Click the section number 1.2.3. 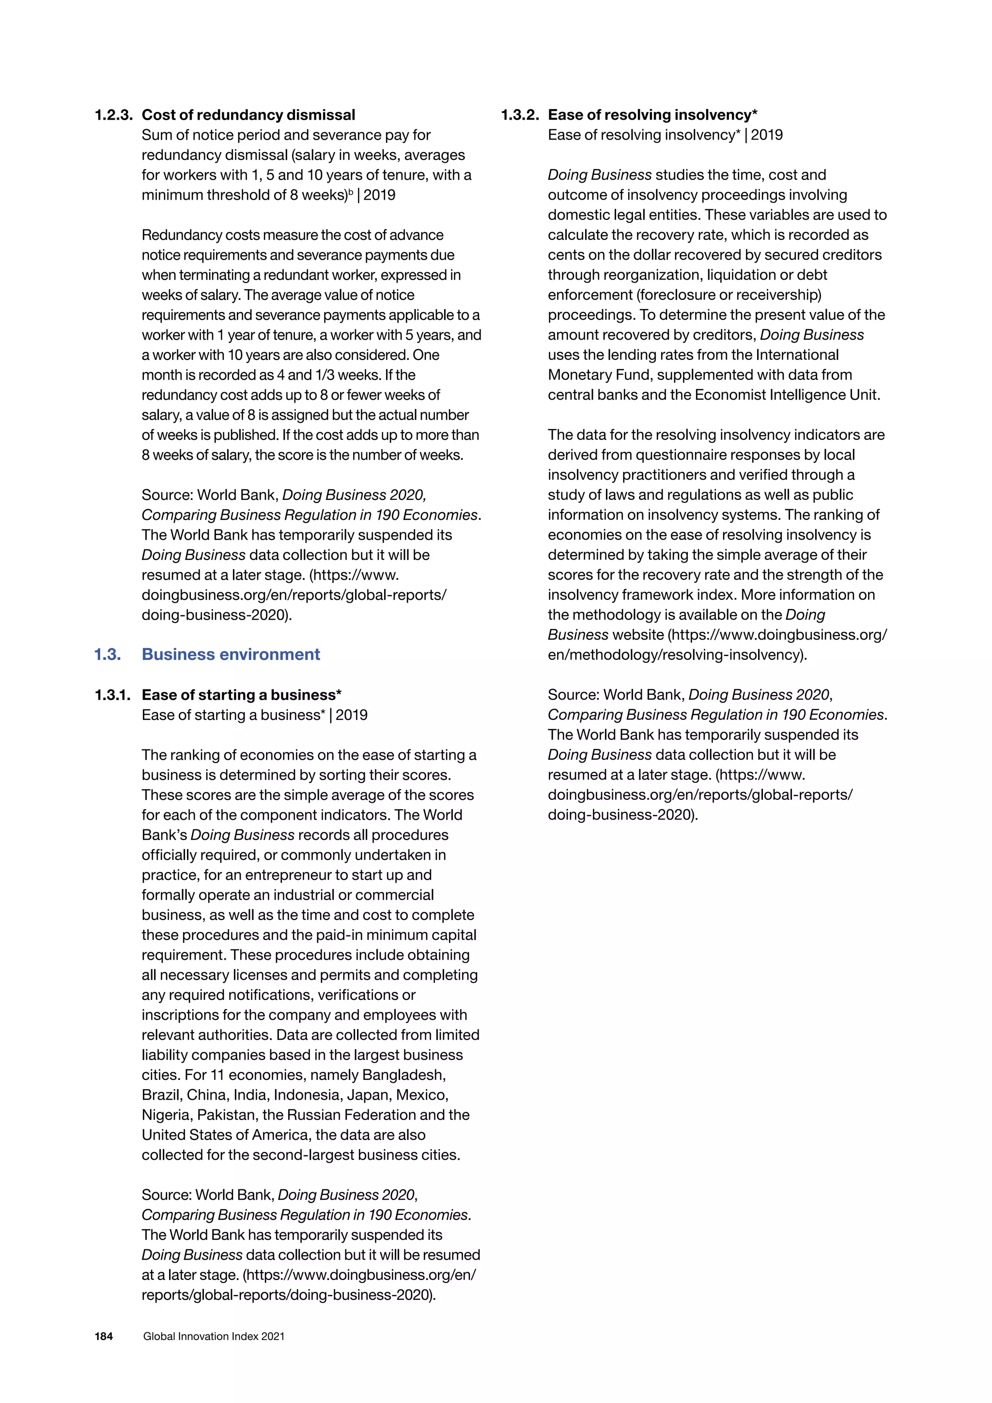[114, 115]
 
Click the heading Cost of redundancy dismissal [248, 115]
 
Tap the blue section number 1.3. [107, 655]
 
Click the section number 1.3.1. [112, 695]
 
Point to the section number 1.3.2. [519, 115]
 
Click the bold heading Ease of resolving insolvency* [652, 115]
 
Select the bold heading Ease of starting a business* [241, 695]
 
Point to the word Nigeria [164, 1115]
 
